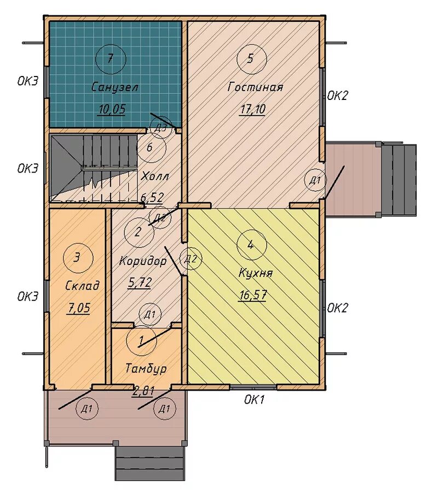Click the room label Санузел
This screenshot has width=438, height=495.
(x=115, y=87)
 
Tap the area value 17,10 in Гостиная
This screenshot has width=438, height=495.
(x=252, y=109)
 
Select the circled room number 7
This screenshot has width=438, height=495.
(x=111, y=59)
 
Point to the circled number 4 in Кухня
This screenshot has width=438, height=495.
(x=251, y=245)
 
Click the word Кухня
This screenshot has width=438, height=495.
(x=256, y=273)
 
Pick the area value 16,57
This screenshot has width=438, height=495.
(x=253, y=296)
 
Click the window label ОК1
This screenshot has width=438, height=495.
(x=254, y=400)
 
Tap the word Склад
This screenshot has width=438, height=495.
(x=82, y=286)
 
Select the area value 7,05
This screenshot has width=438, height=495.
(x=78, y=308)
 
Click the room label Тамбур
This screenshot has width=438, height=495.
(x=146, y=368)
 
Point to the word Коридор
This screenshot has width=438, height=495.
(x=143, y=261)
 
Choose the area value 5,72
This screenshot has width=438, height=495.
(x=140, y=282)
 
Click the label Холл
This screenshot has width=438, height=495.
(x=154, y=176)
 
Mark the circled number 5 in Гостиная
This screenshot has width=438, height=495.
(x=252, y=59)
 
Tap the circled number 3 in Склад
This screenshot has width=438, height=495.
(x=78, y=258)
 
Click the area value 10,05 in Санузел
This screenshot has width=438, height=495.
(x=112, y=109)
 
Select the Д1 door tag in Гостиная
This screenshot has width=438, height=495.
(x=315, y=181)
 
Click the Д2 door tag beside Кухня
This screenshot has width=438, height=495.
(x=191, y=259)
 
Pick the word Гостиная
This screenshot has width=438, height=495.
(x=255, y=87)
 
